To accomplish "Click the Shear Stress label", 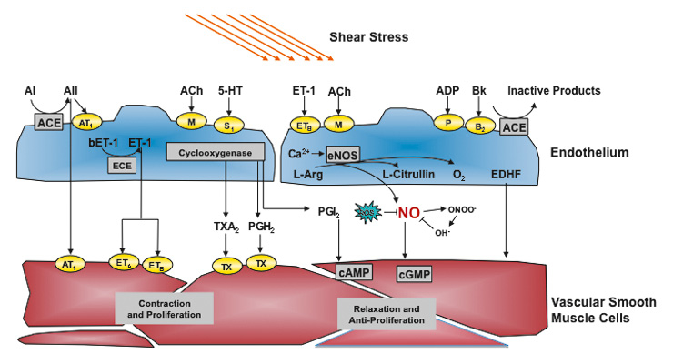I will pos(368,37).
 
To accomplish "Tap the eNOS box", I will pos(345,154).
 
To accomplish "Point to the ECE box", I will pos(122,165).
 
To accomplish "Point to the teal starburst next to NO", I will pos(367,212).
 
